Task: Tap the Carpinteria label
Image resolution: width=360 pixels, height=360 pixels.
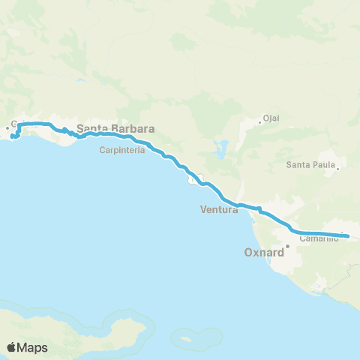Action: point(117,148)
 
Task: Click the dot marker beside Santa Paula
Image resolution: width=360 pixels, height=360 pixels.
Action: point(338,168)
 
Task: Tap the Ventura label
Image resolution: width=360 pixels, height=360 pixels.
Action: point(219,210)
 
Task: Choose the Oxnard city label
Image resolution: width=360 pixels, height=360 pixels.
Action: point(265,253)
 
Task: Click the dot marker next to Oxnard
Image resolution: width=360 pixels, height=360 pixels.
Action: point(287,244)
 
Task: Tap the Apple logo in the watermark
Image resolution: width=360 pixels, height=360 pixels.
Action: point(11,347)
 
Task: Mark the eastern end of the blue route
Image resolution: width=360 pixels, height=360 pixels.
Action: point(349,235)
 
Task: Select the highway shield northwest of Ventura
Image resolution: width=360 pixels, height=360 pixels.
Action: point(194,179)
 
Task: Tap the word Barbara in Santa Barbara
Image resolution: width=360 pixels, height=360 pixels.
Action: point(135,129)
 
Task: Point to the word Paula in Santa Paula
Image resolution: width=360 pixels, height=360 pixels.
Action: point(322,165)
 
